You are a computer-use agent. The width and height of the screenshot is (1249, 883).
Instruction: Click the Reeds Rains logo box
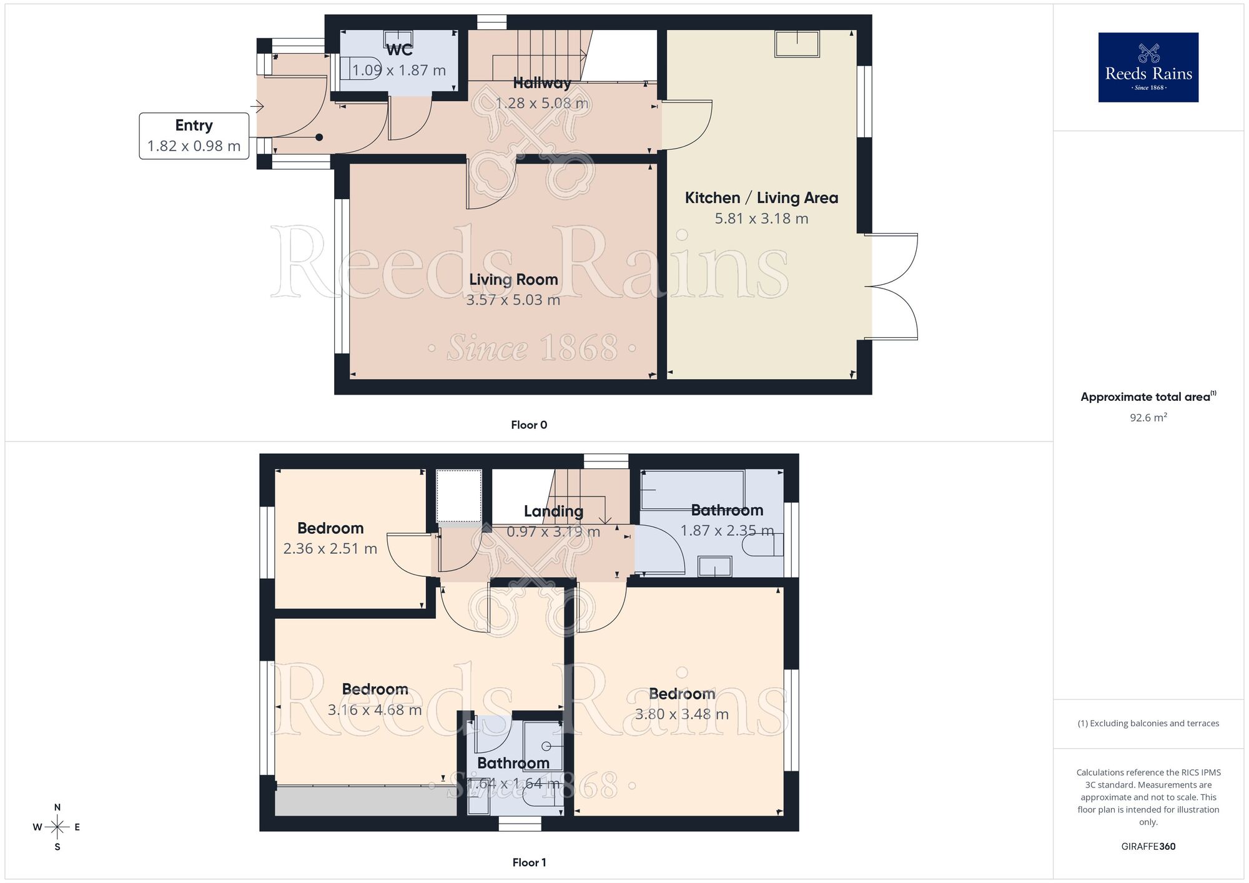pyautogui.click(x=1148, y=67)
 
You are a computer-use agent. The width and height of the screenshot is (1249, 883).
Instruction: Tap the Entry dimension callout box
pyautogui.click(x=194, y=136)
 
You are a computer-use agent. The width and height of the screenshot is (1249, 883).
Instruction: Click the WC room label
pyautogui.click(x=399, y=50)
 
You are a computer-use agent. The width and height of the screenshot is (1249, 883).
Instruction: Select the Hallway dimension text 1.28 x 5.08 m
pyautogui.click(x=541, y=103)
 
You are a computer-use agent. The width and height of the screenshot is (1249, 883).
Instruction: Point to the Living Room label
pyautogui.click(x=513, y=279)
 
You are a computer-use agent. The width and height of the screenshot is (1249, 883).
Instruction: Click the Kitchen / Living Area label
pyautogui.click(x=761, y=198)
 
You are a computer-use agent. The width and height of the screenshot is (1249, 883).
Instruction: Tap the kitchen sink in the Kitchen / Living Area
pyautogui.click(x=797, y=44)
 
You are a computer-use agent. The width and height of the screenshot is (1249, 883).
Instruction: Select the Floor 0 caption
pyautogui.click(x=529, y=425)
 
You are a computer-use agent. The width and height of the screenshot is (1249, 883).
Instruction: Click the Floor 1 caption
pyautogui.click(x=529, y=862)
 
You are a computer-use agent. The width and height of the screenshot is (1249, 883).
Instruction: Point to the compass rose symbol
pyautogui.click(x=57, y=827)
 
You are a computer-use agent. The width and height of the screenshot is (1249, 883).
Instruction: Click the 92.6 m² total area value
pyautogui.click(x=1148, y=417)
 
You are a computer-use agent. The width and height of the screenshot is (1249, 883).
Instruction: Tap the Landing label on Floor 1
pyautogui.click(x=553, y=511)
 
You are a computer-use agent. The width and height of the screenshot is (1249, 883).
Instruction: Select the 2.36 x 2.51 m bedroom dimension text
pyautogui.click(x=330, y=548)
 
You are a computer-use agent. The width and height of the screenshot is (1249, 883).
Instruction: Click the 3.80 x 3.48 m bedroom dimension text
pyautogui.click(x=681, y=714)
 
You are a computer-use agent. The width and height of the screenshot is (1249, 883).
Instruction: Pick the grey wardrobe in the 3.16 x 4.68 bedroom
pyautogui.click(x=366, y=801)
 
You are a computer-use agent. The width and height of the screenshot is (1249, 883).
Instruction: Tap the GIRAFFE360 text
pyautogui.click(x=1148, y=847)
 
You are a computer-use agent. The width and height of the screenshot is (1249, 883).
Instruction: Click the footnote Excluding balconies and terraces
pyautogui.click(x=1148, y=723)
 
